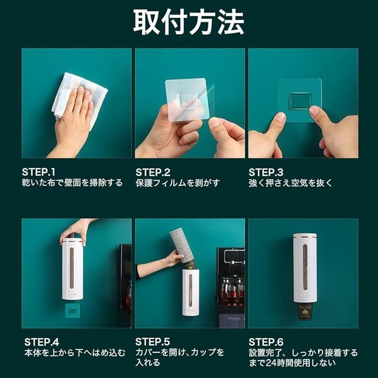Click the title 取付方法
(189, 22)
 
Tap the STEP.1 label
(38, 172)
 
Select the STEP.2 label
(153, 172)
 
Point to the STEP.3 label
(266, 172)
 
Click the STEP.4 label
(41, 342)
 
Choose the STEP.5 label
(153, 342)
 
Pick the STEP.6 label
(266, 342)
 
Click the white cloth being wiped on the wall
(80, 97)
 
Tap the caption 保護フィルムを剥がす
(177, 183)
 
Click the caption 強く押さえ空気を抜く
(290, 183)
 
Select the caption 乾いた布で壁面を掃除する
(72, 183)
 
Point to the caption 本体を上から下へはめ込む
(75, 353)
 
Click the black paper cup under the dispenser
(304, 311)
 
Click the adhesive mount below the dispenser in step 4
(72, 310)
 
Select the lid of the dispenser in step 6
(305, 236)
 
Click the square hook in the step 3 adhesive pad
(300, 101)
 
